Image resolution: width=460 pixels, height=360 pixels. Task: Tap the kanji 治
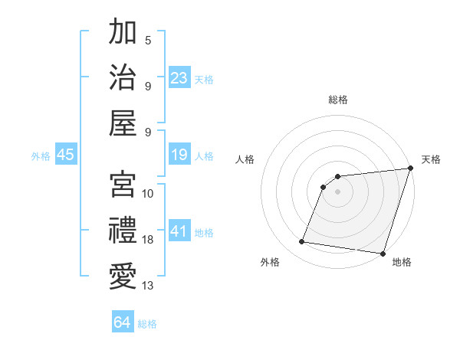pos(123,77)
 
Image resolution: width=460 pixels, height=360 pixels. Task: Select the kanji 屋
pos(123,123)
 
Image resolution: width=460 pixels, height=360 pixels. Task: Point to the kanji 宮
pos(123,185)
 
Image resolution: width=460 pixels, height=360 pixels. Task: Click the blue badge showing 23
pos(179,78)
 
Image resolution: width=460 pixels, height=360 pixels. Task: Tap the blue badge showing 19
pos(179,155)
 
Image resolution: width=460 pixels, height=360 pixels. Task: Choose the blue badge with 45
pos(66,155)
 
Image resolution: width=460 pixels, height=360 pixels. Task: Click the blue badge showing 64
pos(123,322)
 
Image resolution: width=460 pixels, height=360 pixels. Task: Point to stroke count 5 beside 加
pos(148,41)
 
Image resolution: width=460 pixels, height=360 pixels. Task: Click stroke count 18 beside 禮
pos(148,240)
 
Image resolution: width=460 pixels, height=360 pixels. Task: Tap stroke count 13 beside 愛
pos(148,286)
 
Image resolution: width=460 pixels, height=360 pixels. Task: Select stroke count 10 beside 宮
pos(148,194)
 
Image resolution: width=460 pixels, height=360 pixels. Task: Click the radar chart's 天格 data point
pos(410,169)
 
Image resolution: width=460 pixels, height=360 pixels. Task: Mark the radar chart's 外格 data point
pos(302,242)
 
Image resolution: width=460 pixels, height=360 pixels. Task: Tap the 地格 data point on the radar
pos(383,254)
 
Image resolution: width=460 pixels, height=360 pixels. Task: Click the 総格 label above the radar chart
pos(337,100)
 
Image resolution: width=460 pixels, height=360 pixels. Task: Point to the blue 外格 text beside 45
pos(41,156)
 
